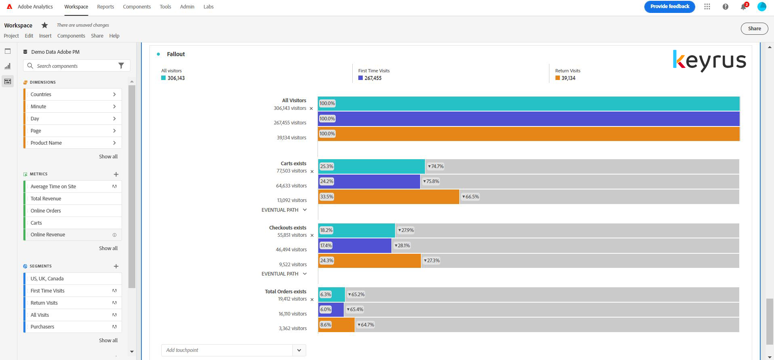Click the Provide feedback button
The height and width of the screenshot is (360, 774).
669,6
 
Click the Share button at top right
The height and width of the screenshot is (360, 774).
754,29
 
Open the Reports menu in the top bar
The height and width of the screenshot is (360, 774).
105,7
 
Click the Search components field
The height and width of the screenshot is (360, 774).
73,66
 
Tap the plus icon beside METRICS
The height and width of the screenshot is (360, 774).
116,175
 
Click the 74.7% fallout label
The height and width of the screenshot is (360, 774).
436,166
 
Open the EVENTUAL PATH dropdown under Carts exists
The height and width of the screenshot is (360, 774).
284,210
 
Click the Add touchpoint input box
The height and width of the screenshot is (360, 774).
227,350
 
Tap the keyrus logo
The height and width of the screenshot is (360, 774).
709,61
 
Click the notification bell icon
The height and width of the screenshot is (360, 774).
743,7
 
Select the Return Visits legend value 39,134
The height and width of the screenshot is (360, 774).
568,78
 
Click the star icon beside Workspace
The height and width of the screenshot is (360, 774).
45,25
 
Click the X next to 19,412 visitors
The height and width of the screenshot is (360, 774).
312,300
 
